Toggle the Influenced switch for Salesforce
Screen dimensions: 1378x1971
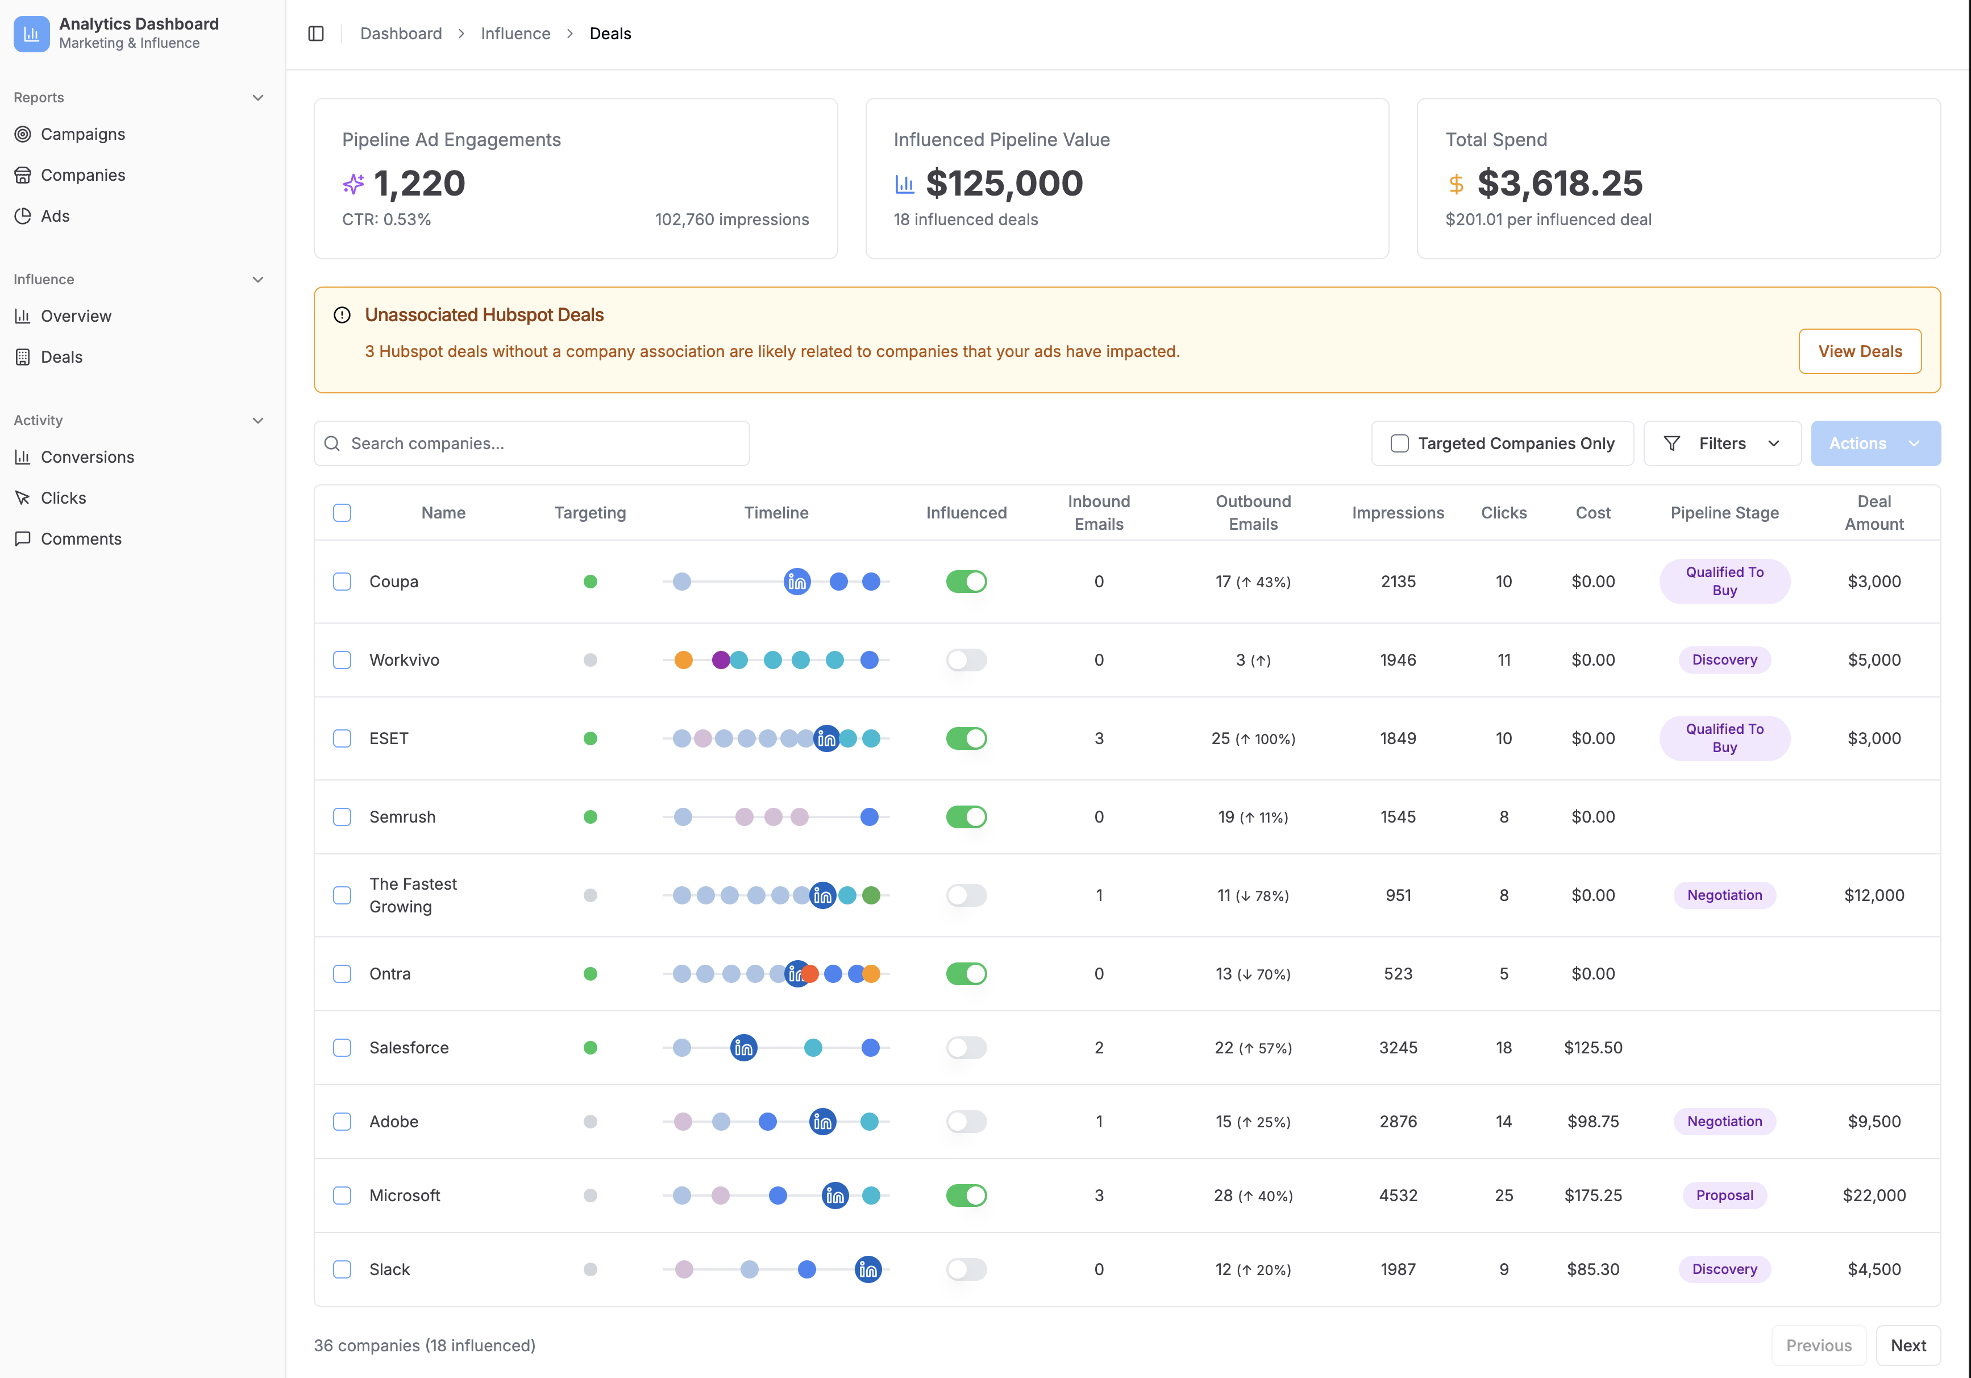966,1048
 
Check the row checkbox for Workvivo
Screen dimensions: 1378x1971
342,660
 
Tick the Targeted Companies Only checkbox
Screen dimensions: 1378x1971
1399,443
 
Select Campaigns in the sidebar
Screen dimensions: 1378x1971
82,134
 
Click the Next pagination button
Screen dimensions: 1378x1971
1907,1346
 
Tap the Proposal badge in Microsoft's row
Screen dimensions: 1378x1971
1724,1195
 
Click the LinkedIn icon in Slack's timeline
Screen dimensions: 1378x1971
868,1269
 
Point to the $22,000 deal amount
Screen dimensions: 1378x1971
1873,1195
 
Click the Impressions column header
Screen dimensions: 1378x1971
1398,513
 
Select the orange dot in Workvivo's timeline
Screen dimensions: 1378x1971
683,660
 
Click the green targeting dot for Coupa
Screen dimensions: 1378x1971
590,581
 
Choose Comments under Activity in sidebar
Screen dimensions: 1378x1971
81,538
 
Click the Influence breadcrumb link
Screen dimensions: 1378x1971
515,34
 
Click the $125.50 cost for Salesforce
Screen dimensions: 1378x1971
1592,1048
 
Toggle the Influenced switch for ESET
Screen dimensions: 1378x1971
966,738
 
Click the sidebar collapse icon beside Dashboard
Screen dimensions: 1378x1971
316,34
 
